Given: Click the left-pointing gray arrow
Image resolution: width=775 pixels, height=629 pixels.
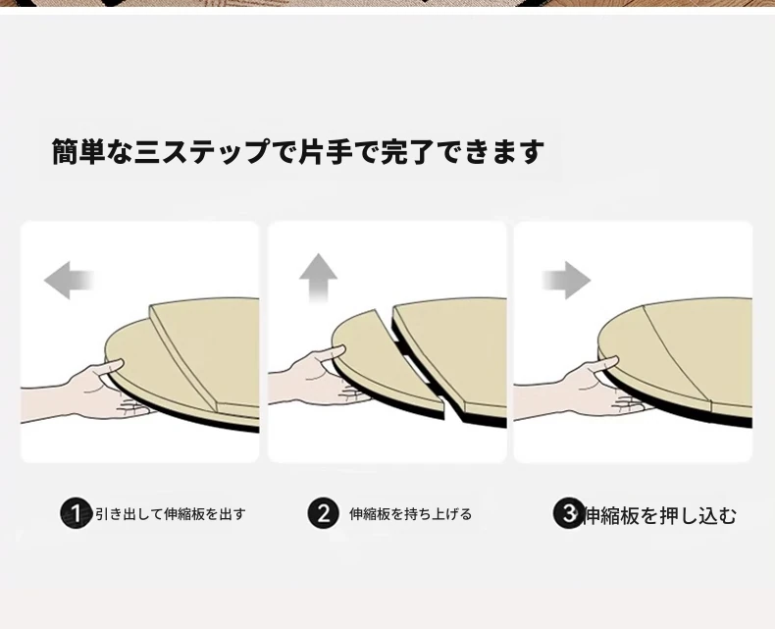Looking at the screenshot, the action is pyautogui.click(x=69, y=280).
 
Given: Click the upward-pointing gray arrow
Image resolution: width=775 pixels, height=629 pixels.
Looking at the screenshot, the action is pyautogui.click(x=318, y=278).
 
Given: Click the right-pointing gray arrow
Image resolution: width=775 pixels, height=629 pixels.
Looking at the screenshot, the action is pyautogui.click(x=566, y=281).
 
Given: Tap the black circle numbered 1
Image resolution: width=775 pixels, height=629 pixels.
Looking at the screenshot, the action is pyautogui.click(x=77, y=513).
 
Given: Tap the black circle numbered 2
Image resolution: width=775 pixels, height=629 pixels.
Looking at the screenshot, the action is pyautogui.click(x=324, y=513).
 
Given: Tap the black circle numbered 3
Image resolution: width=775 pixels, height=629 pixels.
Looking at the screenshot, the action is pyautogui.click(x=568, y=513).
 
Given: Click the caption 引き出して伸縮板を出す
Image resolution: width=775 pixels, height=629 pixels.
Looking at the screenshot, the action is pyautogui.click(x=171, y=514).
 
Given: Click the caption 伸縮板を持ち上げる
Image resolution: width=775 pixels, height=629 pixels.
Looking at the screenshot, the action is pyautogui.click(x=411, y=514).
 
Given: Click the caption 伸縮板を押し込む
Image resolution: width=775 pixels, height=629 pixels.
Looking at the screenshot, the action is pyautogui.click(x=660, y=516).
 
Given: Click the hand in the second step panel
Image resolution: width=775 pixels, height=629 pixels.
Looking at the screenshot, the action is pyautogui.click(x=316, y=379).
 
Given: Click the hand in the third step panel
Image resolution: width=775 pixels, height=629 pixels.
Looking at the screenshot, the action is pyautogui.click(x=578, y=391).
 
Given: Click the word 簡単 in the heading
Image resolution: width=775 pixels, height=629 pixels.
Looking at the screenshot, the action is pyautogui.click(x=78, y=151).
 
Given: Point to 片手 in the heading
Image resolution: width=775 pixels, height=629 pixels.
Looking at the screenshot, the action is pyautogui.click(x=326, y=151).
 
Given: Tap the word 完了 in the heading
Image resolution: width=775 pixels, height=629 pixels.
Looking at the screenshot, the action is pyautogui.click(x=408, y=151).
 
